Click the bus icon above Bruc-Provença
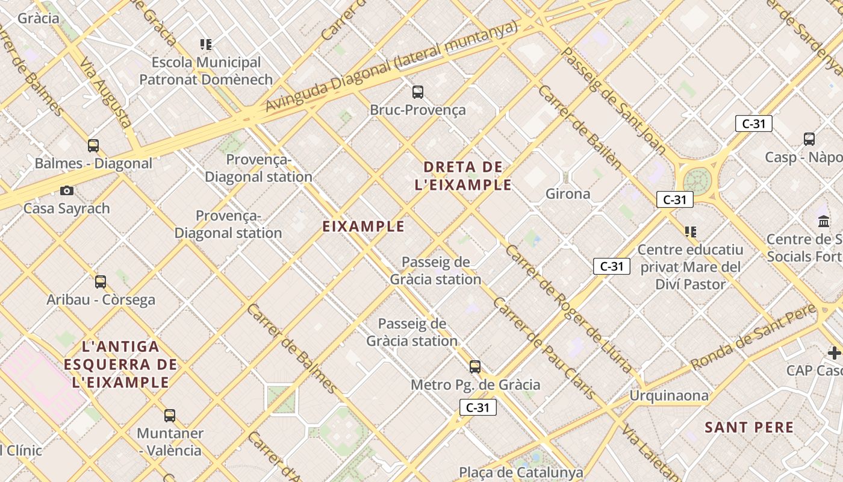(417, 92)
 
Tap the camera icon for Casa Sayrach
(67, 191)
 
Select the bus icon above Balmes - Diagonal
(93, 145)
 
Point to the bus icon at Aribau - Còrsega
(101, 281)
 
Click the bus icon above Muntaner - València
(170, 415)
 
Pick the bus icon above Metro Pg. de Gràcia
(475, 366)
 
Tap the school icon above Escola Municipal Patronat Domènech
(206, 45)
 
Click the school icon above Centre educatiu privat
(691, 231)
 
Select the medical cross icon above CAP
(834, 352)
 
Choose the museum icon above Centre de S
(824, 221)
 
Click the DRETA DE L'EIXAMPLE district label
(463, 175)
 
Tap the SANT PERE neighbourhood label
(749, 427)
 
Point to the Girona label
(568, 193)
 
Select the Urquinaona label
(669, 395)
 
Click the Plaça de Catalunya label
(521, 472)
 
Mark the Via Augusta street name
(106, 92)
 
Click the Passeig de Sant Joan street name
(613, 99)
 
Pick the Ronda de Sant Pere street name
(753, 338)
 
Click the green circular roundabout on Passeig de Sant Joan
(697, 180)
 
